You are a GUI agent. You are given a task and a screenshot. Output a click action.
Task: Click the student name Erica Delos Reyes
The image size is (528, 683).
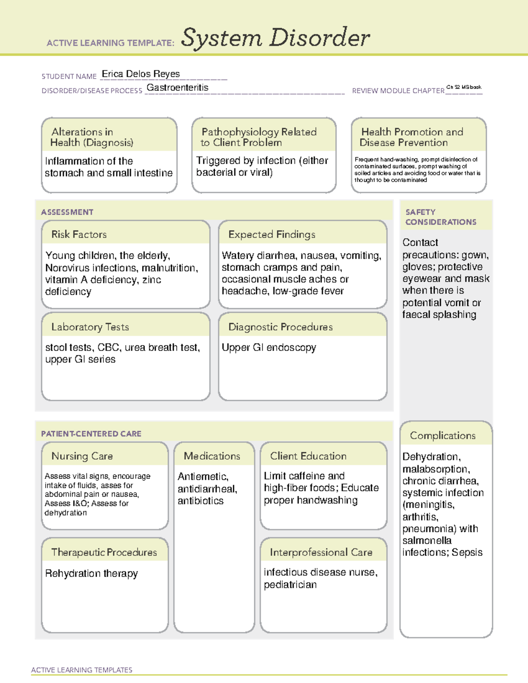(x=141, y=74)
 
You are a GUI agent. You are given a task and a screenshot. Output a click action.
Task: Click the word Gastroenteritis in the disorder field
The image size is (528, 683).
(x=177, y=88)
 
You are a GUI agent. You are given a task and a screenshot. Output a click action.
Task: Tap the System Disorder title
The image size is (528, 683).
(x=275, y=38)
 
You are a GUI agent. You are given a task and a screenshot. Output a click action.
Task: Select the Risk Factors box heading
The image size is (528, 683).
(x=79, y=234)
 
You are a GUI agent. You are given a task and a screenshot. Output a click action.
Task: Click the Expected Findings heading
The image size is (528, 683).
(x=271, y=234)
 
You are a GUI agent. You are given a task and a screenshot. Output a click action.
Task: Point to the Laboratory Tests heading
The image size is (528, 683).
(x=90, y=327)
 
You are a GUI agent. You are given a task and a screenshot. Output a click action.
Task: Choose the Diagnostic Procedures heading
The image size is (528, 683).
(x=280, y=327)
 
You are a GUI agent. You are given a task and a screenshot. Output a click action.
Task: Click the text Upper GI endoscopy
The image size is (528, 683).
(x=269, y=347)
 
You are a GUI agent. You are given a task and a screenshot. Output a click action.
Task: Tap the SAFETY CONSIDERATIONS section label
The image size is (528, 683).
(x=440, y=217)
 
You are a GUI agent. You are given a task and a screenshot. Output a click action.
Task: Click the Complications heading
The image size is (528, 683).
(x=443, y=435)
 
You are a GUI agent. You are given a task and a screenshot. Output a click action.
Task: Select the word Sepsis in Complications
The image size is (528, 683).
(x=468, y=552)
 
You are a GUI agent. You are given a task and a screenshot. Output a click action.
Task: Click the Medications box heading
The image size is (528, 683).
(x=212, y=456)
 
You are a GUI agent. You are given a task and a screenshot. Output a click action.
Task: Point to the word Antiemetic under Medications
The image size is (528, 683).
(x=202, y=477)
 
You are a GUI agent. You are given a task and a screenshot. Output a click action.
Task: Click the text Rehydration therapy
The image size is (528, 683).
(x=92, y=573)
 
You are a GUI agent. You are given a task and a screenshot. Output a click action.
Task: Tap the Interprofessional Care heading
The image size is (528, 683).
(x=321, y=552)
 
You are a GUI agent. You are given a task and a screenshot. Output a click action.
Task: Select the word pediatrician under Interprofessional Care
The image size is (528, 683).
(x=290, y=584)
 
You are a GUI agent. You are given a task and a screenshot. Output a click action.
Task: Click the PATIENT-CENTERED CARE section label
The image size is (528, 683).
(x=91, y=434)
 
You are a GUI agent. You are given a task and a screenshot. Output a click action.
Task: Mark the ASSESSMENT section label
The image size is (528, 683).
(x=67, y=212)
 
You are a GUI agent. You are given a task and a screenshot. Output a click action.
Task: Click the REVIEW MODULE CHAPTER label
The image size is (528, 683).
(x=398, y=91)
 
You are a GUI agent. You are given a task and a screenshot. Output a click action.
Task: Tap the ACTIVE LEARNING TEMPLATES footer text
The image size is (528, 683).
(x=82, y=670)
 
